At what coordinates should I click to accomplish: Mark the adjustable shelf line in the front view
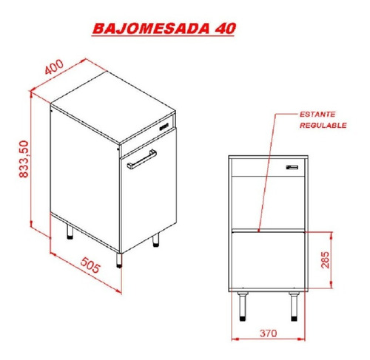(268, 231)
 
